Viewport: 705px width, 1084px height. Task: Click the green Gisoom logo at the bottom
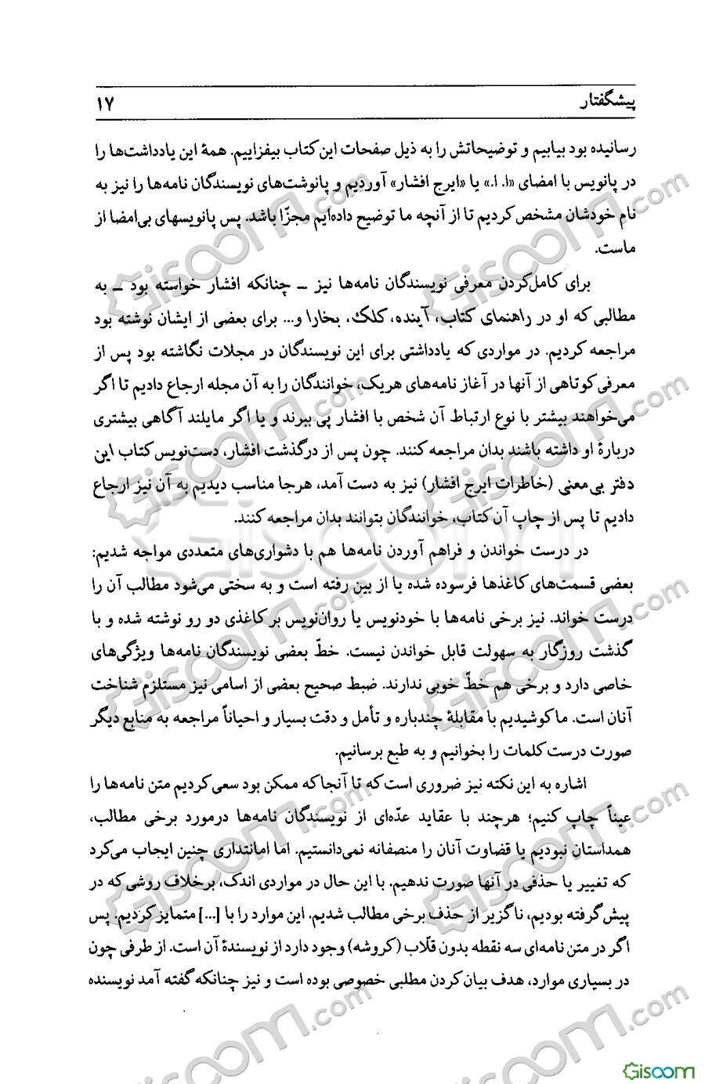coord(659,1068)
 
